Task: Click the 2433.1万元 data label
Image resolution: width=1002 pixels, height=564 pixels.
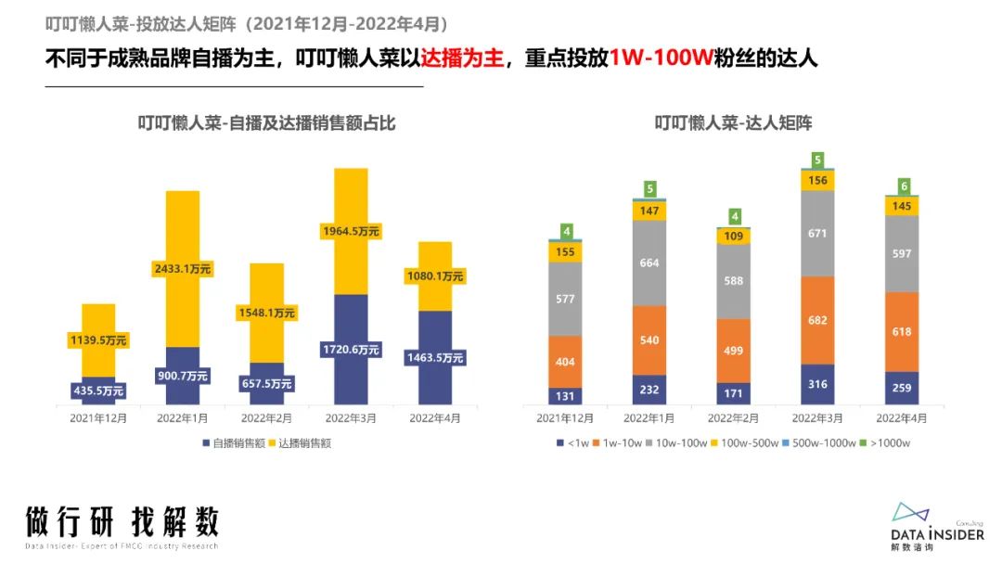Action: click(x=182, y=269)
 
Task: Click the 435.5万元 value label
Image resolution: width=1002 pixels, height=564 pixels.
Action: click(x=98, y=391)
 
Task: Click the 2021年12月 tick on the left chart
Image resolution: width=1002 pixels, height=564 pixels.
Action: click(x=98, y=418)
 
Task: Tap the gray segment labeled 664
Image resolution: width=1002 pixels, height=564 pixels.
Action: click(x=649, y=263)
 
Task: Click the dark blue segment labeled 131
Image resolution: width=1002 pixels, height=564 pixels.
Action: click(x=565, y=395)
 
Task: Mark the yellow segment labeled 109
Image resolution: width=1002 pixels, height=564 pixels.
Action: click(x=733, y=237)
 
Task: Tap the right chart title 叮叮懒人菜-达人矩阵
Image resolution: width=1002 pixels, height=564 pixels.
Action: click(x=733, y=122)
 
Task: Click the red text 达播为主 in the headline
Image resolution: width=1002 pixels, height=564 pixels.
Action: click(x=462, y=58)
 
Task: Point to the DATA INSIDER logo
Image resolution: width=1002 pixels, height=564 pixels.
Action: click(x=937, y=527)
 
